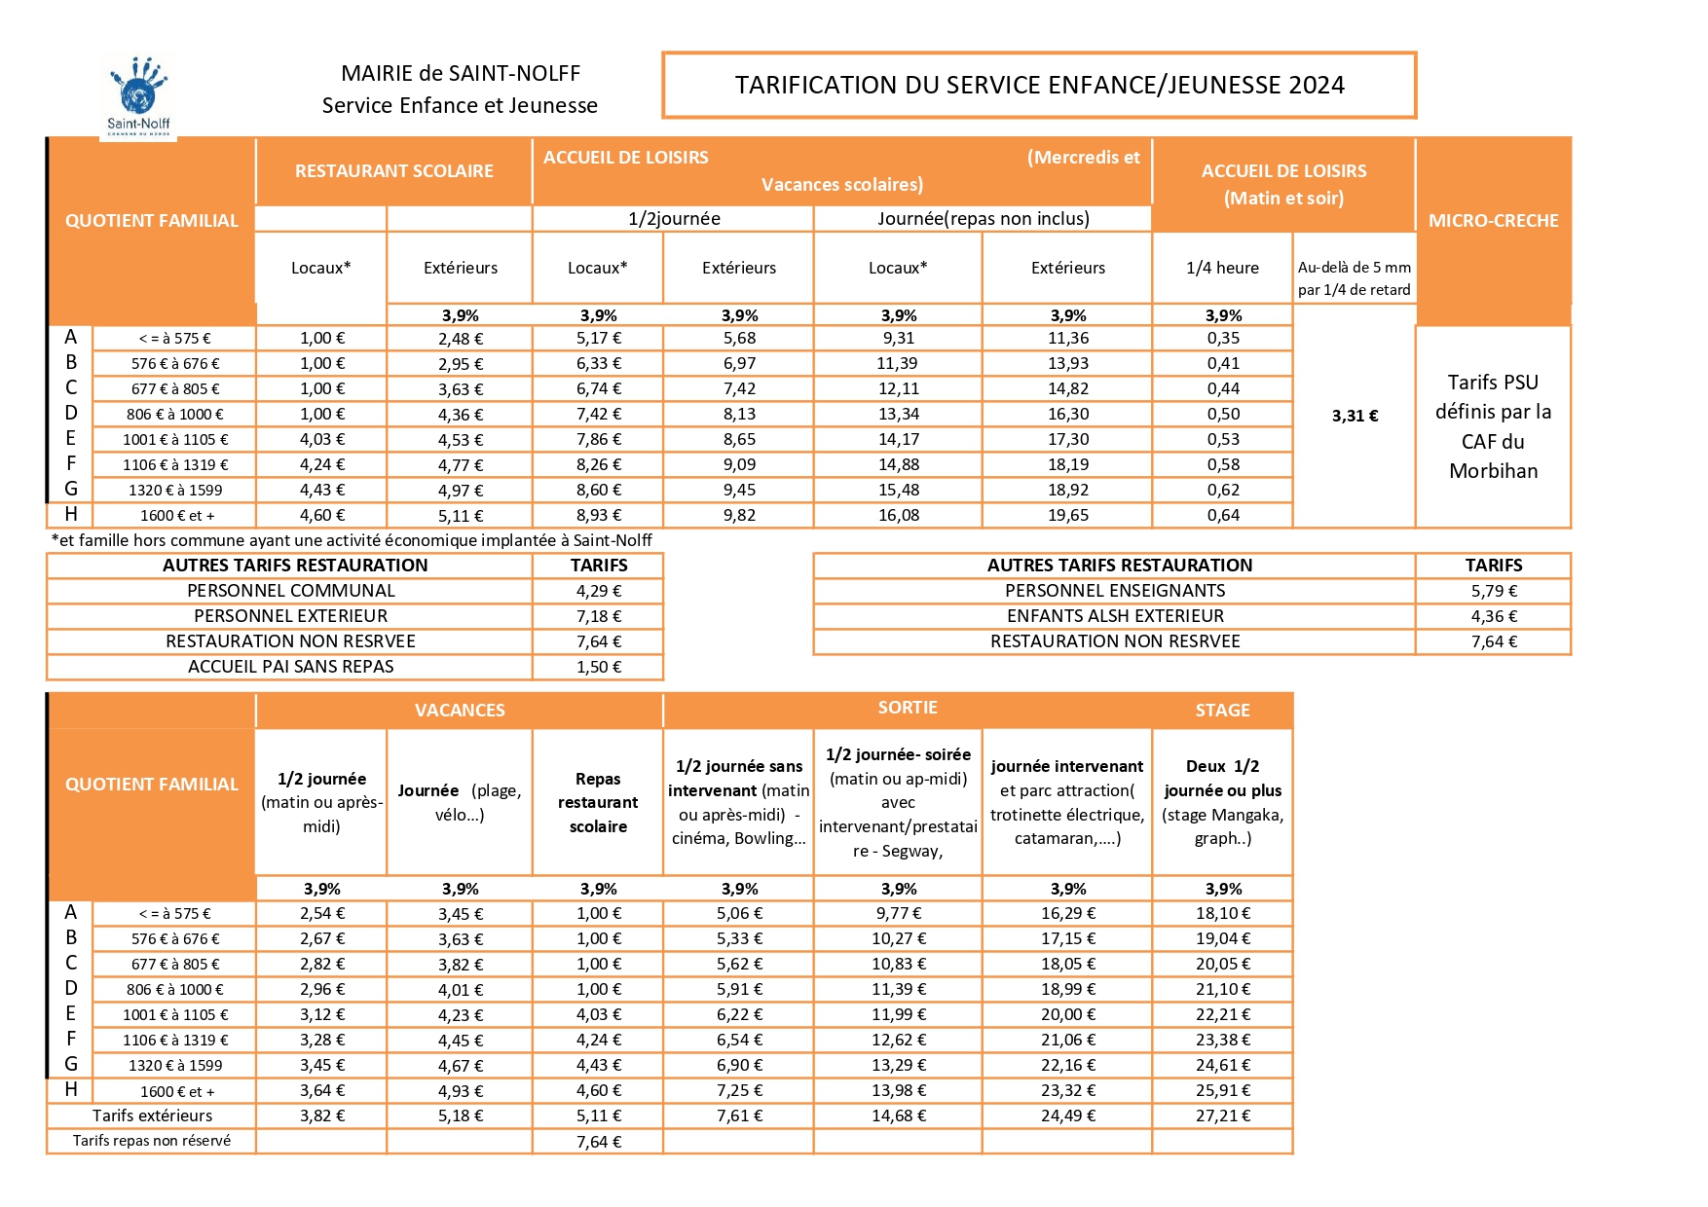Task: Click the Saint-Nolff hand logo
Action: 138,95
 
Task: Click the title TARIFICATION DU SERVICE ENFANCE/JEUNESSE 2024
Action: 1039,86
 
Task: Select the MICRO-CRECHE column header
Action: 1493,221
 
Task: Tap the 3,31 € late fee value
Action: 1355,416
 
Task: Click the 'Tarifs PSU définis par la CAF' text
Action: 1493,426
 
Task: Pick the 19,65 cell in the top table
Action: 1068,515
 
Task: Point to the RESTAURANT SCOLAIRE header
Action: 393,171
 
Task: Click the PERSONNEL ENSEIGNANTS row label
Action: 1115,591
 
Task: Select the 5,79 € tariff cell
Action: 1493,591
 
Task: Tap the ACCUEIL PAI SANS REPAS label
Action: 290,667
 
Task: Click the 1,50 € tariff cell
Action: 598,667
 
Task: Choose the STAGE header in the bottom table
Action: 1222,711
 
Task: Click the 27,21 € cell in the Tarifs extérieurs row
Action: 1222,1116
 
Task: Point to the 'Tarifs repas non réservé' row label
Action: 152,1141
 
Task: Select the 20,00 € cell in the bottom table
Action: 1068,1014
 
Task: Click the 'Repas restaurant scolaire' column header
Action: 598,803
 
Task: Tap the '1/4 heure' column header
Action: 1222,268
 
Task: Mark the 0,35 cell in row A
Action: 1223,338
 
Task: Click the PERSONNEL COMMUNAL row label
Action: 290,591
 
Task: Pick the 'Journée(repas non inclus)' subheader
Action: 983,219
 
